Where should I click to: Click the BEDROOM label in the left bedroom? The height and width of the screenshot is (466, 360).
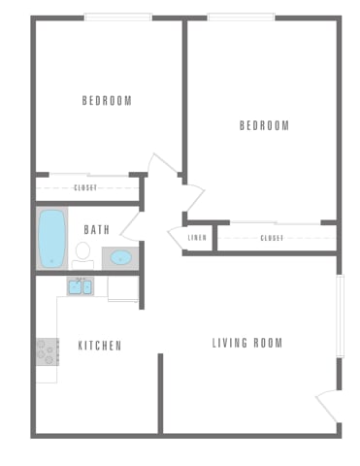coord(107,100)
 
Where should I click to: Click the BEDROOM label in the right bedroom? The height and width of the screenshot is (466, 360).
coord(264,125)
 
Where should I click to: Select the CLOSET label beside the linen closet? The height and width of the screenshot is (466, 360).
coord(272,237)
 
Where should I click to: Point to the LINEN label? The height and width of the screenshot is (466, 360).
coord(196,237)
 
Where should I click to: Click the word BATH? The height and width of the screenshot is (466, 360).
coord(96,230)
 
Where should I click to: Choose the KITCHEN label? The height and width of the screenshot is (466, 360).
coord(99,345)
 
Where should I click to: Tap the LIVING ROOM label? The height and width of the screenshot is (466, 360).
coord(247,343)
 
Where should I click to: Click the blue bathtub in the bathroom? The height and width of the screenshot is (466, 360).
coord(51,238)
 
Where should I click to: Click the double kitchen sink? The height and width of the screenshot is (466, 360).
coord(80,286)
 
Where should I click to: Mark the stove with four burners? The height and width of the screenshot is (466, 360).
coord(48,349)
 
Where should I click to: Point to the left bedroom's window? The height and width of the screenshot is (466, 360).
coord(116,17)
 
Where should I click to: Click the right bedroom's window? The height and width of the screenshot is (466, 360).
coord(241,17)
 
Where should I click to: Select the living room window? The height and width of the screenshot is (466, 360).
coord(341,316)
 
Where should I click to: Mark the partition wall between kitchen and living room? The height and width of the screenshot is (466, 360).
coord(160,393)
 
